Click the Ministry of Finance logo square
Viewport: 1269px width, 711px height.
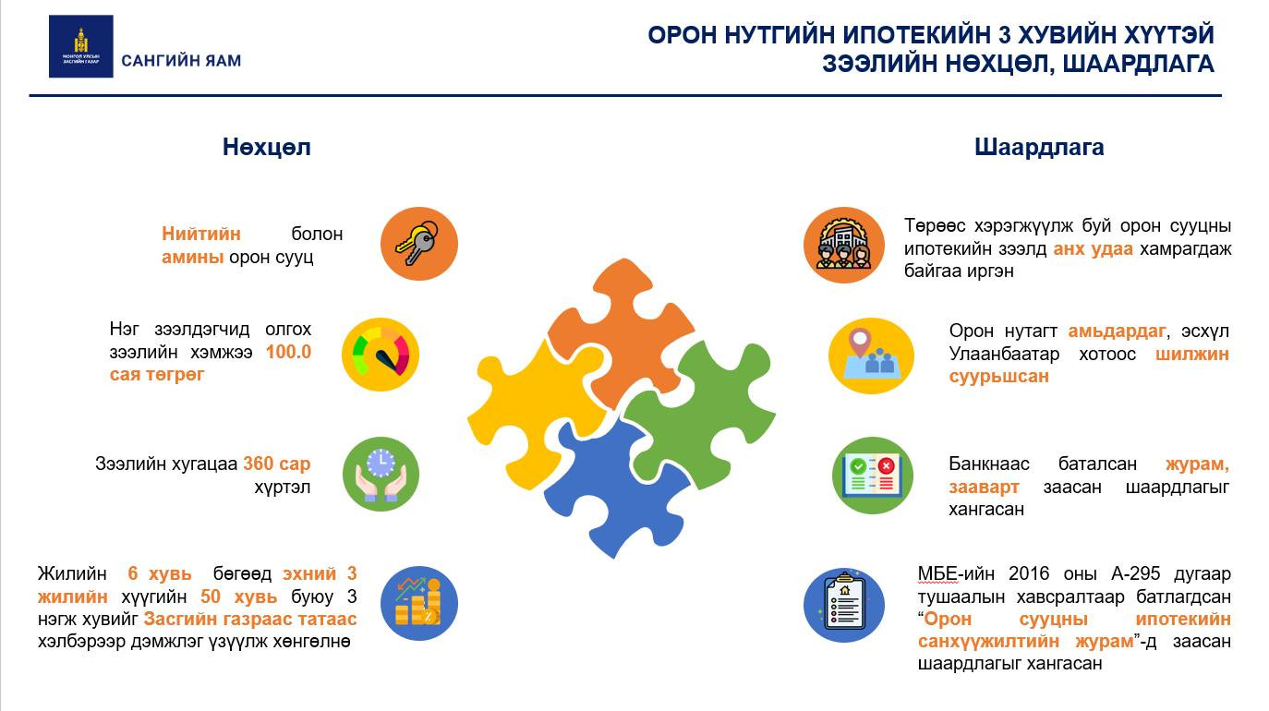(x=81, y=46)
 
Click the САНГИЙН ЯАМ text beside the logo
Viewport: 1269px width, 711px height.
(x=181, y=61)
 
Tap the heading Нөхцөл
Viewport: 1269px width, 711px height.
(x=266, y=148)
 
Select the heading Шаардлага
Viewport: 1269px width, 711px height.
(x=1039, y=148)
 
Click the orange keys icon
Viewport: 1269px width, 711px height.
(x=419, y=244)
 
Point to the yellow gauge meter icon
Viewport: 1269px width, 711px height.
(x=381, y=355)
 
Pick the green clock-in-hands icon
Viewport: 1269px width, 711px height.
(x=381, y=475)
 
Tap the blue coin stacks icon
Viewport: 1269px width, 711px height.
(x=419, y=603)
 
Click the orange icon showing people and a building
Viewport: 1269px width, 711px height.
(x=844, y=246)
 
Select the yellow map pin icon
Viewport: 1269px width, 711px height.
(x=871, y=355)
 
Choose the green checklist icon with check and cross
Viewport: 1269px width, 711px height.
(x=873, y=476)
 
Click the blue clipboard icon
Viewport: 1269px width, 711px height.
(x=844, y=605)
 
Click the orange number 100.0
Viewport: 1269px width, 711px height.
(x=288, y=352)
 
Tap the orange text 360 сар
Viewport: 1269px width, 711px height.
(x=277, y=464)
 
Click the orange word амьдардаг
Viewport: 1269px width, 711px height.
(x=1117, y=331)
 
